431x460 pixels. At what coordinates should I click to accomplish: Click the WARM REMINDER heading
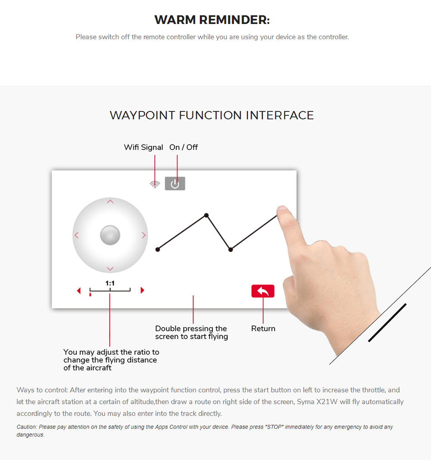pyautogui.click(x=212, y=20)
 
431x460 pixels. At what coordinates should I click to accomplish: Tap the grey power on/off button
pyautogui.click(x=175, y=184)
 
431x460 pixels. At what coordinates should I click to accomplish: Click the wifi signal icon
pyautogui.click(x=155, y=184)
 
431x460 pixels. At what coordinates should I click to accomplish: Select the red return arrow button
pyautogui.click(x=263, y=291)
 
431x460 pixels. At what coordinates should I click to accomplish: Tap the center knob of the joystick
pyautogui.click(x=110, y=235)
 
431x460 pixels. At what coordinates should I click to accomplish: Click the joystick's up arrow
pyautogui.click(x=110, y=202)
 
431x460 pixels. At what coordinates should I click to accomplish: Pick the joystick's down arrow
pyautogui.click(x=110, y=268)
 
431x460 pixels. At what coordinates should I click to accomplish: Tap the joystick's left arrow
pyautogui.click(x=77, y=235)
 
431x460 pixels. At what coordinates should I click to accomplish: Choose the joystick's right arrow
pyautogui.click(x=144, y=235)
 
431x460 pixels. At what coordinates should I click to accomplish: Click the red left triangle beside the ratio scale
pyautogui.click(x=78, y=290)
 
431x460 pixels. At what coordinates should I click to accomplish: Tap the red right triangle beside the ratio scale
pyautogui.click(x=142, y=290)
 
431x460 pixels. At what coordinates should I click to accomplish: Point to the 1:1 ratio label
pyautogui.click(x=110, y=283)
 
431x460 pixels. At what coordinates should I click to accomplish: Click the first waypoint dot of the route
pyautogui.click(x=158, y=249)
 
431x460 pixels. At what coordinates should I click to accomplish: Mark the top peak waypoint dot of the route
pyautogui.click(x=206, y=215)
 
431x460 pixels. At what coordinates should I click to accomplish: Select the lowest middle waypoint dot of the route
pyautogui.click(x=231, y=250)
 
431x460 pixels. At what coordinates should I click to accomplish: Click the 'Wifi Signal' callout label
pyautogui.click(x=143, y=147)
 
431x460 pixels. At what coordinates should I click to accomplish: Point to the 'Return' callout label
pyautogui.click(x=263, y=328)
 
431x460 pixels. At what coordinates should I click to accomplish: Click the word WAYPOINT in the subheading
pyautogui.click(x=142, y=115)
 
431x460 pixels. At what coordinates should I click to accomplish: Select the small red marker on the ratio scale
pyautogui.click(x=90, y=294)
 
